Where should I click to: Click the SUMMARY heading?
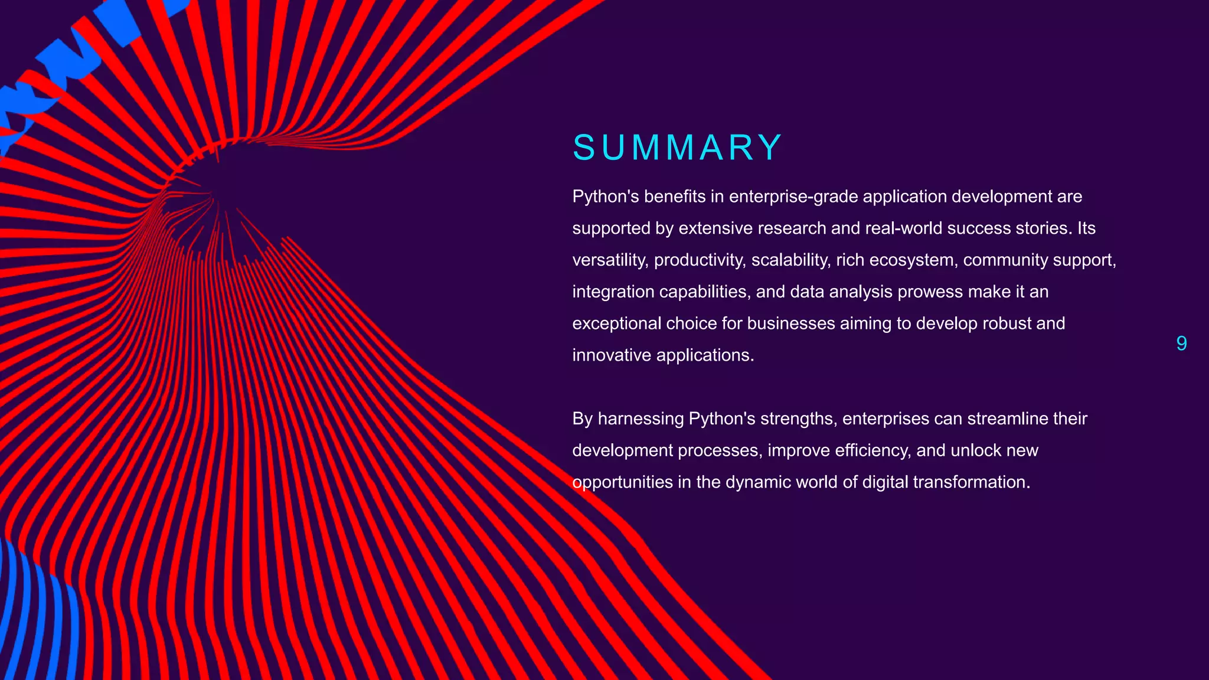pos(677,148)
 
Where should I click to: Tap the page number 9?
pos(1181,344)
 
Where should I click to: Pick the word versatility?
pos(610,260)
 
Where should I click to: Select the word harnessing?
pos(641,419)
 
